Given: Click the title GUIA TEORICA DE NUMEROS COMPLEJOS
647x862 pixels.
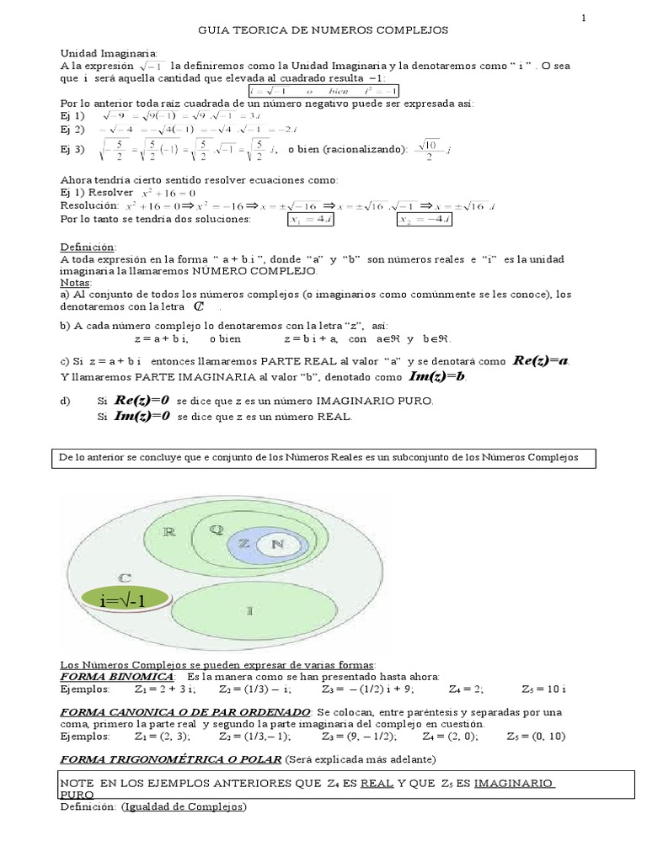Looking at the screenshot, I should (x=323, y=30).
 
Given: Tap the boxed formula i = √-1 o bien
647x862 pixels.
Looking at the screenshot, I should (x=323, y=91).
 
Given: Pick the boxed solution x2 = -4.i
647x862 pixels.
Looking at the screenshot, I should (x=426, y=219).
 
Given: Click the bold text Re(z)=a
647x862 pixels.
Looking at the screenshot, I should (x=542, y=361).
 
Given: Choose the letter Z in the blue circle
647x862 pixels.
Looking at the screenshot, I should (x=243, y=544).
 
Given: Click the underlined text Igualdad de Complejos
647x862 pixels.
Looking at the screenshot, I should (x=184, y=806).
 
